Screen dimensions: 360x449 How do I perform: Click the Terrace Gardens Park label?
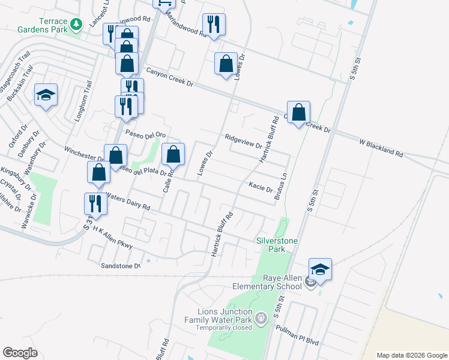41,25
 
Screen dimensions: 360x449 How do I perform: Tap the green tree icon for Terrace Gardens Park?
76,25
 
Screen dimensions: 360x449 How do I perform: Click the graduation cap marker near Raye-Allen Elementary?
321,270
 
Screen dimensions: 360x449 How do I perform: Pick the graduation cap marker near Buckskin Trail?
46,95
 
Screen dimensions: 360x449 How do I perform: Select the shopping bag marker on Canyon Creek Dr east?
298,112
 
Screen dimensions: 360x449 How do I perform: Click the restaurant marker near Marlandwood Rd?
214,25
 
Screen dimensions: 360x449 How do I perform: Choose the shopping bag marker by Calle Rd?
173,155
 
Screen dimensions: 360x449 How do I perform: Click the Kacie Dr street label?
261,187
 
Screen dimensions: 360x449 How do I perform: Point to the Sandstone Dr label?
120,266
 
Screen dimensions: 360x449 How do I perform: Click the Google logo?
20,353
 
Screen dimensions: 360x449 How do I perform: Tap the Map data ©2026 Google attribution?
411,355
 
